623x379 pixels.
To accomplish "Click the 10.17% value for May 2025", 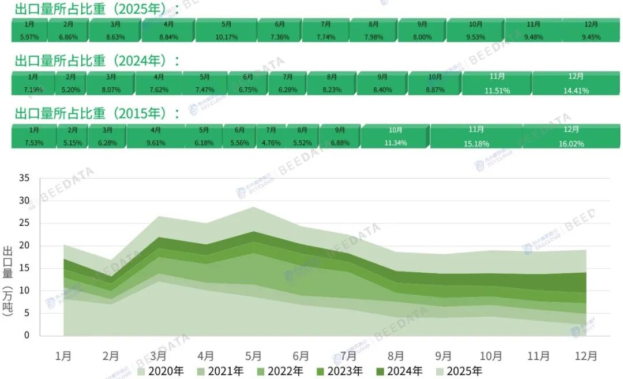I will point(226,37).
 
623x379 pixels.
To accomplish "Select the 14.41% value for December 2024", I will point(576,91).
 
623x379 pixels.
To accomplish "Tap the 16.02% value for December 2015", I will point(572,144).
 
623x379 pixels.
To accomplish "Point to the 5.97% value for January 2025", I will point(29,37).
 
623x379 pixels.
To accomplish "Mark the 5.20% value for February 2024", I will point(71,90).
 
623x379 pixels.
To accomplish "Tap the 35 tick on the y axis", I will point(24,179).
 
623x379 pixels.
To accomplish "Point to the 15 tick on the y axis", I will point(24,269).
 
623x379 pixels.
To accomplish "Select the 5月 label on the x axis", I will point(253,356).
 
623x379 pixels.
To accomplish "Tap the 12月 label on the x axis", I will point(586,356).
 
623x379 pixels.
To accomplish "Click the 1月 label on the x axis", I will point(63,356).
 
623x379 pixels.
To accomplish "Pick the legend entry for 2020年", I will point(159,371).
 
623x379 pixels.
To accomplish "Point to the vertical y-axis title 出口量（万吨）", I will point(9,281).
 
